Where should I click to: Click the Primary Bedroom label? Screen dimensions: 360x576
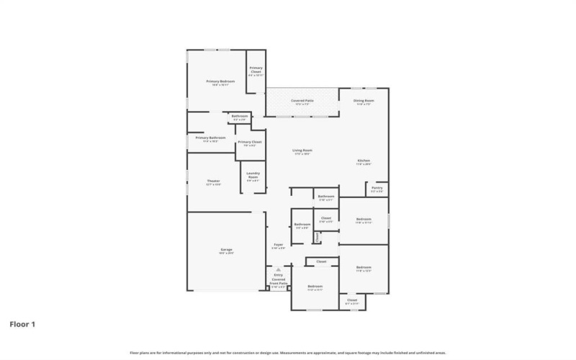220,83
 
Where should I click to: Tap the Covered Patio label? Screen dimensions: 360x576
302,102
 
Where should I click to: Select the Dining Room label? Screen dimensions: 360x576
364,102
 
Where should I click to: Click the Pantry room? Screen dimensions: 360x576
377,189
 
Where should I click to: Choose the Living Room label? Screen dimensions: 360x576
302,151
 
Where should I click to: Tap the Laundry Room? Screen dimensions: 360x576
253,177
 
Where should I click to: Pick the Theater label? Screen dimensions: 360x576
213,182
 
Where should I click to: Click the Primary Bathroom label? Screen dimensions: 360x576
210,139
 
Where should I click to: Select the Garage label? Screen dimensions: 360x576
226,251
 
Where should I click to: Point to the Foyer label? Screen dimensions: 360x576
278,246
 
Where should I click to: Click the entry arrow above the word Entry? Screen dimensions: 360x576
278,270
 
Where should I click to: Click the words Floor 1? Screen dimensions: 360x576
22,324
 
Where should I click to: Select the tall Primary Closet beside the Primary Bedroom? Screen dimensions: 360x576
256,71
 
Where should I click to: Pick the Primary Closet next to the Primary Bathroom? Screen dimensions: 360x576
250,143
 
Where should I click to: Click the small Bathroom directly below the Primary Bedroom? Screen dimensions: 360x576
240,117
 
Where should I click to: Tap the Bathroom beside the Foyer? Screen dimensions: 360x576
302,226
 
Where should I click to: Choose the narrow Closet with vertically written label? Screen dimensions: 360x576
317,237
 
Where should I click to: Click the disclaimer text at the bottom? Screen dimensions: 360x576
288,353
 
